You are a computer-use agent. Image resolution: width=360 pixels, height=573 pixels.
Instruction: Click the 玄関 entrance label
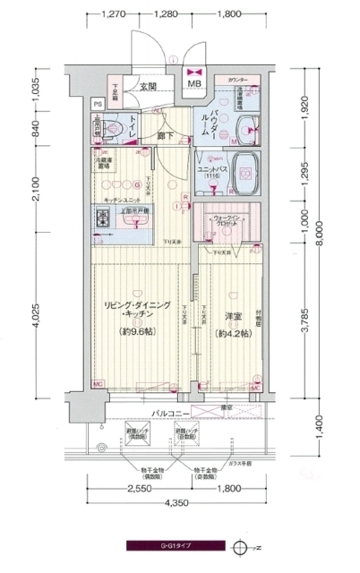coord(149,87)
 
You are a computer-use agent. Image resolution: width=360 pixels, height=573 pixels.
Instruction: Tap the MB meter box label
coord(194,86)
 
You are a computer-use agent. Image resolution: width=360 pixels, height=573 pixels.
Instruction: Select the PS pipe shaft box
coord(99,104)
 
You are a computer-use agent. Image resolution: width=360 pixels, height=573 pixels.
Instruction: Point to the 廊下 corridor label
coord(166,136)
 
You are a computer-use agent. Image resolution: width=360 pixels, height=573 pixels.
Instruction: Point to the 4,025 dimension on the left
coord(33,316)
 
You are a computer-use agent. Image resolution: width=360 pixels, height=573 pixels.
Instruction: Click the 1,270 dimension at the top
coord(113,14)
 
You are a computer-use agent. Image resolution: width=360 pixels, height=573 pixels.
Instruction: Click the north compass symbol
coord(239,544)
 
